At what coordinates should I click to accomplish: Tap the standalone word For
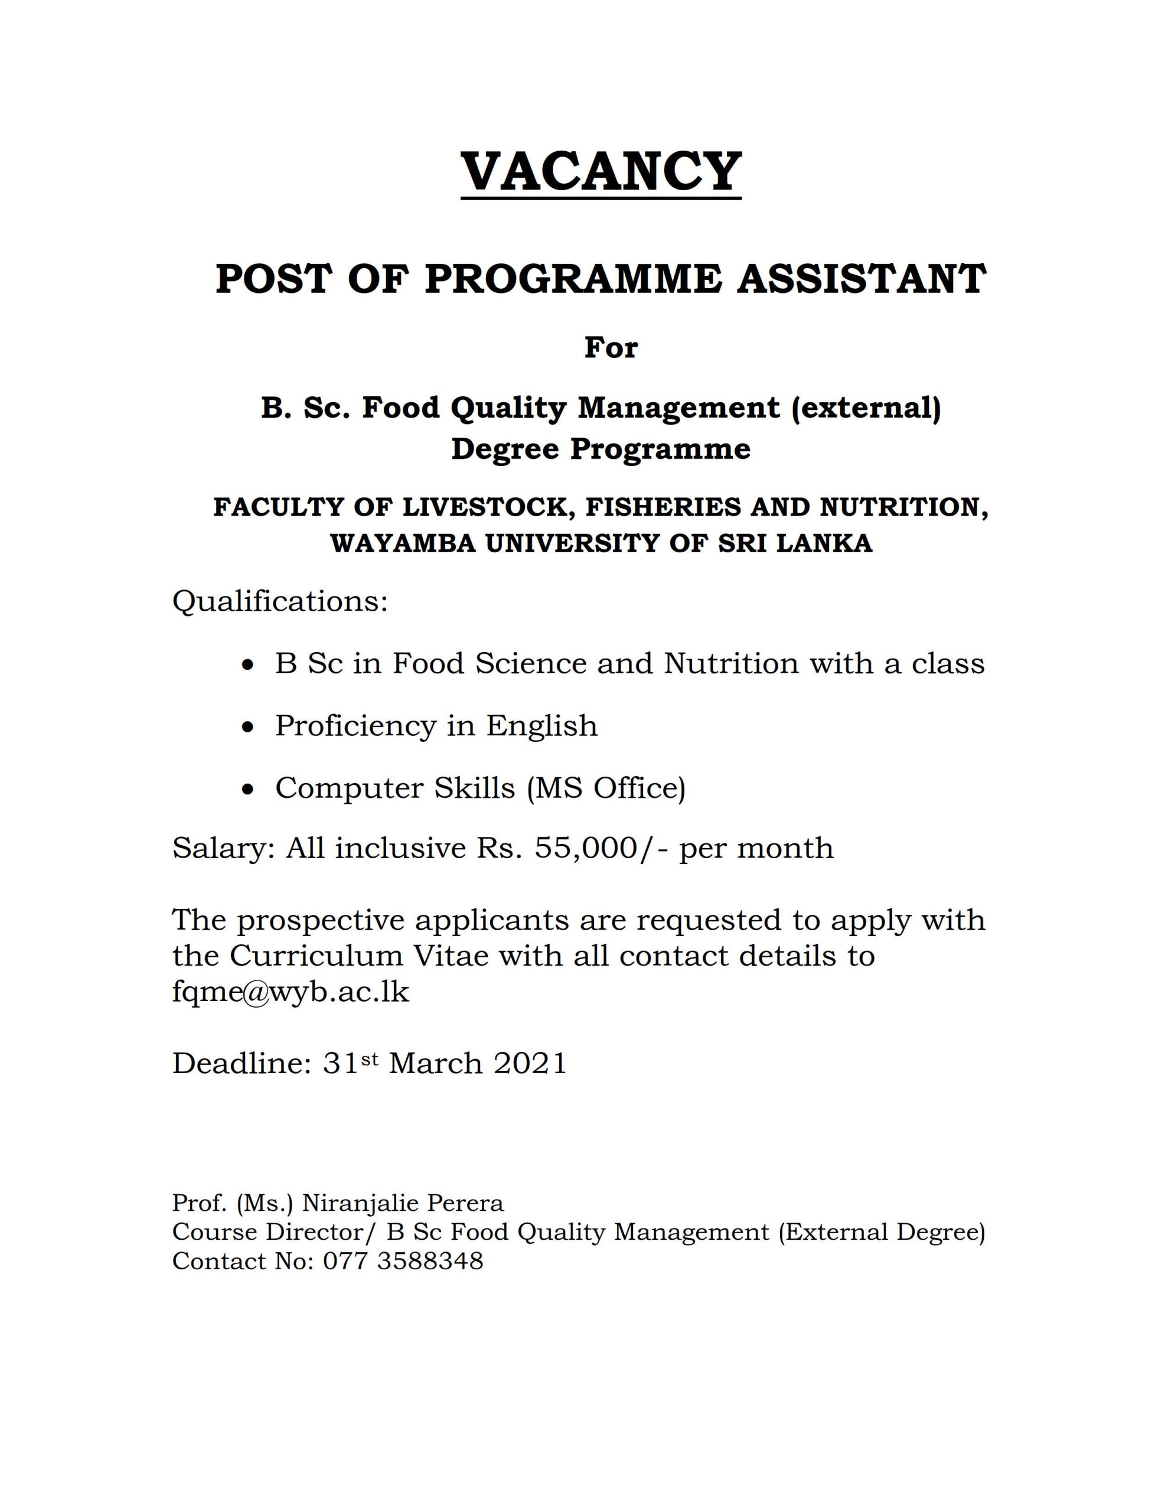611,347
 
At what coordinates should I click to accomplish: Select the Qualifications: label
280,601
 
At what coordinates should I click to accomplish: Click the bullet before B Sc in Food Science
249,665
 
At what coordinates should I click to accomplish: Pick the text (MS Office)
606,788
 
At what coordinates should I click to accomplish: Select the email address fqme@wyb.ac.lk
291,992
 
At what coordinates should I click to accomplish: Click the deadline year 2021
530,1063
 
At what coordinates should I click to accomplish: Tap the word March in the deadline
435,1063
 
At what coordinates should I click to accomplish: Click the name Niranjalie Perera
403,1203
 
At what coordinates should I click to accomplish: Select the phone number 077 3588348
403,1262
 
